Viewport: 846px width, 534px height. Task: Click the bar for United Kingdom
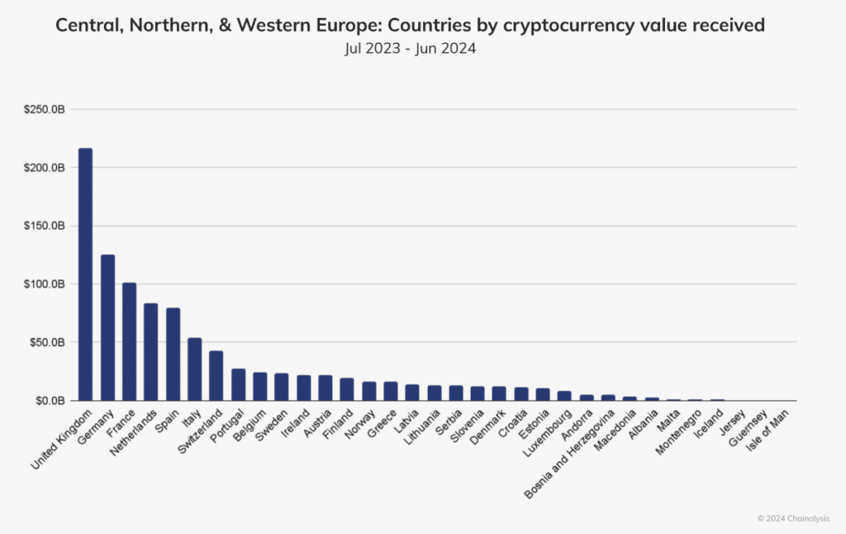tap(85, 274)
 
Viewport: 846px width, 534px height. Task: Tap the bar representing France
tap(129, 341)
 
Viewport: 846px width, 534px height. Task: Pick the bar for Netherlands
tap(150, 351)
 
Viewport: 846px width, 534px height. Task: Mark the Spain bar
tap(173, 354)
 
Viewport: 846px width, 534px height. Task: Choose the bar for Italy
tap(194, 369)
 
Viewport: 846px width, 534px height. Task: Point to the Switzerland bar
tap(216, 375)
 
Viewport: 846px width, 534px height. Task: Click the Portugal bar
tap(238, 384)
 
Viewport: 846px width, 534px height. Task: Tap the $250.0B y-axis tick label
tap(46, 109)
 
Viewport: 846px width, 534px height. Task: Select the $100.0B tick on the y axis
tap(46, 284)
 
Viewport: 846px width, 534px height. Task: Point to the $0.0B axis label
tap(50, 400)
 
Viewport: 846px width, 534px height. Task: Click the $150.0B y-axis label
tap(46, 226)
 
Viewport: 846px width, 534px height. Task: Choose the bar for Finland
tap(346, 389)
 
